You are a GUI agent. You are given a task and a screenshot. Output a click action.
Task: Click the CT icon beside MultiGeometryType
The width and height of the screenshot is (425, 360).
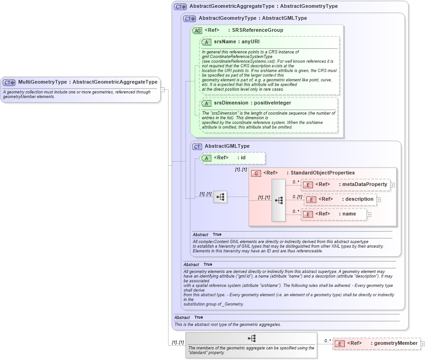(x=9, y=82)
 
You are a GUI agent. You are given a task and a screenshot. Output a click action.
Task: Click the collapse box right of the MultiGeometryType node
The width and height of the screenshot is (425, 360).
(x=163, y=90)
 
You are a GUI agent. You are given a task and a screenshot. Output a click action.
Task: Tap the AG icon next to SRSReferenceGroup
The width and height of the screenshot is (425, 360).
(x=197, y=30)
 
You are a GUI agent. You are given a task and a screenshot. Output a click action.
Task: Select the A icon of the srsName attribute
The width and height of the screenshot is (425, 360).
(x=206, y=42)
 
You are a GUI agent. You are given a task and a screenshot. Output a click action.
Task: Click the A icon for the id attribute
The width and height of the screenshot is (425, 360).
(x=206, y=158)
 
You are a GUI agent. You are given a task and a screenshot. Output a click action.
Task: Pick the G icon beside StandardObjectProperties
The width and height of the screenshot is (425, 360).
(x=256, y=173)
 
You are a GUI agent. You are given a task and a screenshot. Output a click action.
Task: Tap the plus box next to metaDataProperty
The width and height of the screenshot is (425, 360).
(x=392, y=185)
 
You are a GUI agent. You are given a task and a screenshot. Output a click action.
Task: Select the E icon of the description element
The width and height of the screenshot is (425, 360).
(x=311, y=199)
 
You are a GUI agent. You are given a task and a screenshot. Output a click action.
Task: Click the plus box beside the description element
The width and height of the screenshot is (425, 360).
(x=378, y=199)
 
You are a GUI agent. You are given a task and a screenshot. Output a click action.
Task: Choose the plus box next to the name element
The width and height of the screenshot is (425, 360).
(x=369, y=214)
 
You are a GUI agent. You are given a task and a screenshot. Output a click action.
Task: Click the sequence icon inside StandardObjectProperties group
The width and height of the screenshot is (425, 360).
(x=279, y=200)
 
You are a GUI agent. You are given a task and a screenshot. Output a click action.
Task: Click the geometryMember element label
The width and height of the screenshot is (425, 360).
(x=395, y=343)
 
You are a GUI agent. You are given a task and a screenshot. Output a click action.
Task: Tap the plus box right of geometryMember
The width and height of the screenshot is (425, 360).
(x=422, y=344)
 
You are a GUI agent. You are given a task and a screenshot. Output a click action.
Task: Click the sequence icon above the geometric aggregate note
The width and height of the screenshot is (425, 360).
(x=251, y=338)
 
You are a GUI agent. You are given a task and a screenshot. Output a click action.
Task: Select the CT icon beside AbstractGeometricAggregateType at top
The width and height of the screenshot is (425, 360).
(x=180, y=6)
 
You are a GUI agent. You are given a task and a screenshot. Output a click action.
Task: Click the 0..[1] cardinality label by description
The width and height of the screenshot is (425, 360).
(x=297, y=197)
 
